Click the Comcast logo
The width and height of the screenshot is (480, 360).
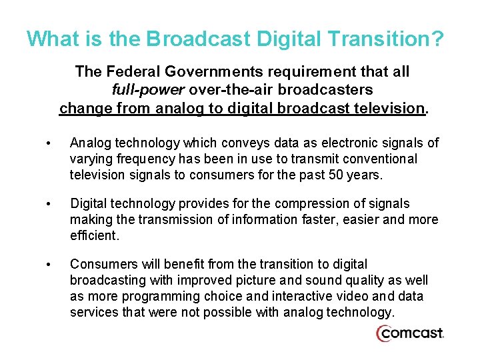410,333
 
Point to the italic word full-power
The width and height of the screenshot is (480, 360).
148,89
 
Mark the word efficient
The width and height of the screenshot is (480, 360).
93,236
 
